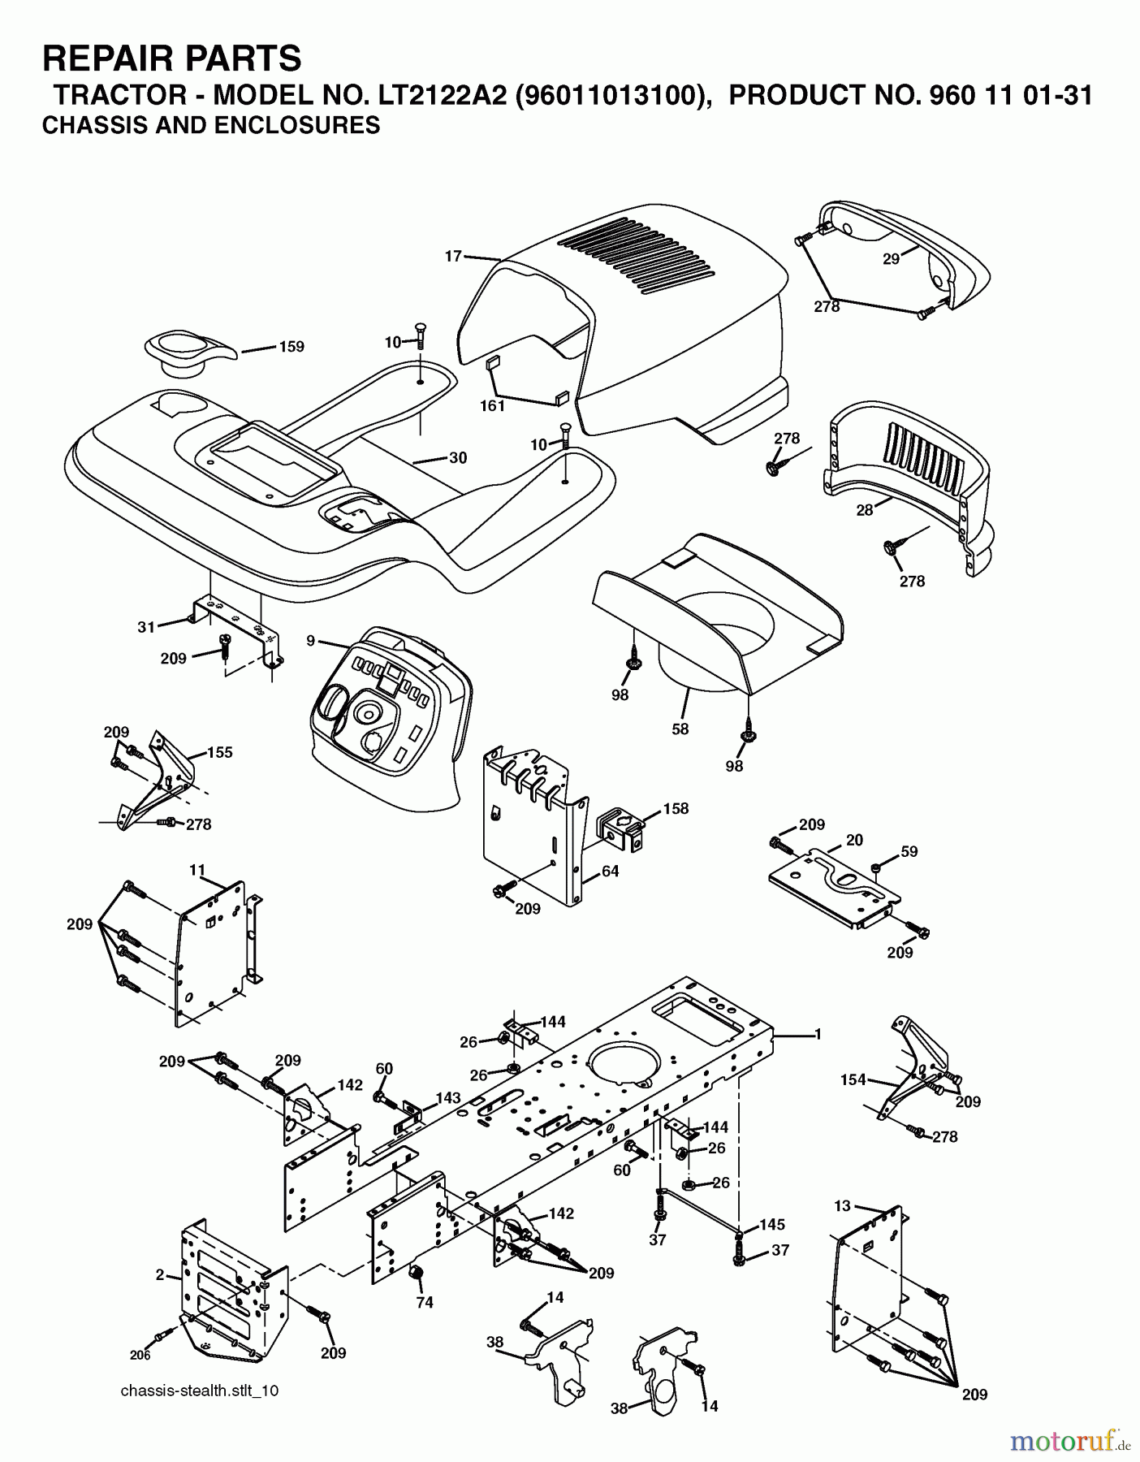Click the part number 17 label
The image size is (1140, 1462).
tap(452, 256)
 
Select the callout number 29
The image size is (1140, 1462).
tap(891, 259)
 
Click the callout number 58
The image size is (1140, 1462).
tap(680, 729)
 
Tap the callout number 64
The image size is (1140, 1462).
tap(610, 871)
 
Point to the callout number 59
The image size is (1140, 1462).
tap(909, 851)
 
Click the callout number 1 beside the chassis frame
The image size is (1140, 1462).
tap(818, 1034)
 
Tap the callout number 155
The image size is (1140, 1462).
tap(219, 752)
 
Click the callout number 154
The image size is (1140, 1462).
tap(853, 1079)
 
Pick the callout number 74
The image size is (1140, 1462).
tap(425, 1302)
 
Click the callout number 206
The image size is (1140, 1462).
tap(140, 1355)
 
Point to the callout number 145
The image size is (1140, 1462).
tap(771, 1224)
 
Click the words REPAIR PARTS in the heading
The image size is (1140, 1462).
tap(171, 58)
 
